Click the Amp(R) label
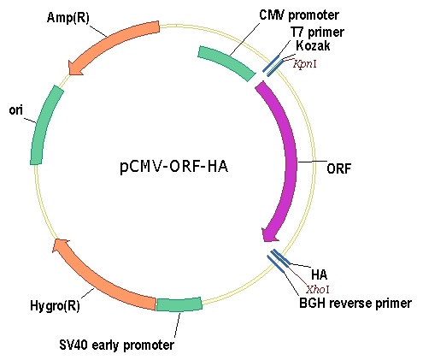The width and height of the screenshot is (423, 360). pos(68,18)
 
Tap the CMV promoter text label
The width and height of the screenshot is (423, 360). pos(299,15)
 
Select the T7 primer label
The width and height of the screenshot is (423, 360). pos(317,32)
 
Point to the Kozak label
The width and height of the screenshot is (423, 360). pos(313,45)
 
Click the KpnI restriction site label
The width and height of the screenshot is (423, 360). pos(305,64)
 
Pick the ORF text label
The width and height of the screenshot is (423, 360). pos(338,168)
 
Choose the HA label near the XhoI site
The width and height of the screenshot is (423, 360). pos(320,275)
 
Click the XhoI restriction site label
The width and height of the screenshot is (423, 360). pos(318,290)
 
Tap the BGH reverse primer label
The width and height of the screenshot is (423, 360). pos(355,303)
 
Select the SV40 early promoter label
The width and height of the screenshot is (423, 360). pos(116,345)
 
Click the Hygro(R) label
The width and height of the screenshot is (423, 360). pos(55,306)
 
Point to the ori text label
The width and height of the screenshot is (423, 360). pos(16,110)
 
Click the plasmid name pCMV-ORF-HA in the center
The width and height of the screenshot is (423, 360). pos(174,167)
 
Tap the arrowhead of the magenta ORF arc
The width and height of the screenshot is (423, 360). pos(269,233)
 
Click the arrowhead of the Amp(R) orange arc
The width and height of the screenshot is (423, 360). pos(75,68)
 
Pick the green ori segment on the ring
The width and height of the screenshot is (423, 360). pos(45,125)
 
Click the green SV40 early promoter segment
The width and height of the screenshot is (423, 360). pos(179,304)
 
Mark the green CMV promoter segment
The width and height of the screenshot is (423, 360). pos(226,63)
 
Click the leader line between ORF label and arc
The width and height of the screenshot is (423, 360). pos(312,162)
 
